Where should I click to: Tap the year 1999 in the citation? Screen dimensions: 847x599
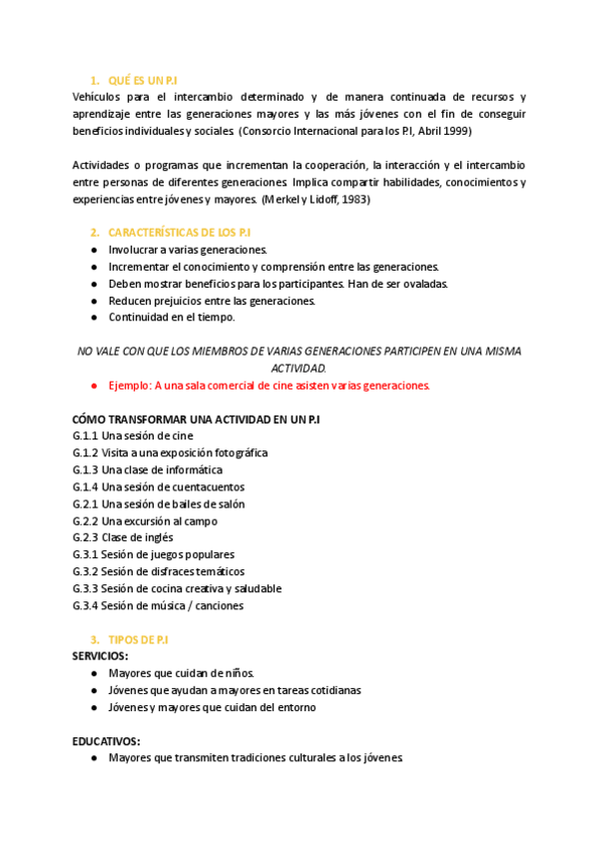click(x=457, y=131)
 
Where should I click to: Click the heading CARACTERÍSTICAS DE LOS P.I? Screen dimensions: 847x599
click(x=179, y=232)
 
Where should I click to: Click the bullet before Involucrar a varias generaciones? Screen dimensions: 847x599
click(x=94, y=250)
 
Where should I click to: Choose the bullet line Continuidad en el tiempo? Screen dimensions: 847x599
click(x=172, y=318)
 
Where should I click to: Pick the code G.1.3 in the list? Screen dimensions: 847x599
click(x=85, y=470)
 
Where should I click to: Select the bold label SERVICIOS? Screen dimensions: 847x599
click(x=100, y=656)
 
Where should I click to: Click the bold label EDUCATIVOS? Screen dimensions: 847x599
click(x=106, y=741)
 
